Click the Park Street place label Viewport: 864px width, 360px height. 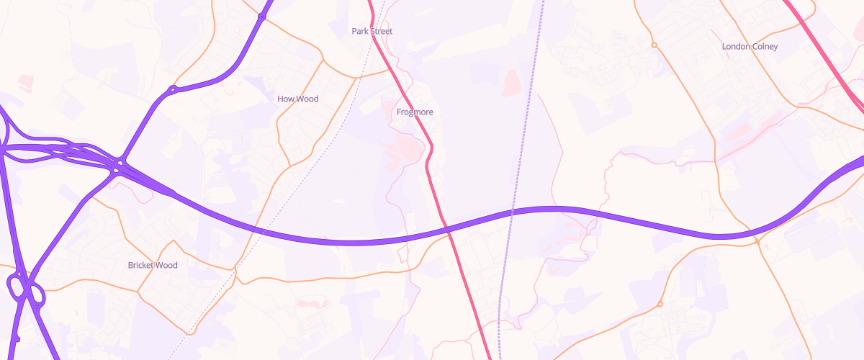tap(372, 32)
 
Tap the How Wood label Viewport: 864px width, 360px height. tap(297, 99)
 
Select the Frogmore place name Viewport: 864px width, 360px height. tap(415, 112)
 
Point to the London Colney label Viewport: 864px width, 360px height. tap(750, 47)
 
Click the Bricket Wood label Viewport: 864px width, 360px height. tap(152, 266)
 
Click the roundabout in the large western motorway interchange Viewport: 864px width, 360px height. tap(117, 167)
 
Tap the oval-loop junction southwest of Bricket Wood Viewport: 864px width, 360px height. tap(26, 290)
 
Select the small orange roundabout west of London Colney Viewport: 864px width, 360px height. tap(654, 45)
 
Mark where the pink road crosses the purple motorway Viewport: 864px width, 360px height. tap(447, 229)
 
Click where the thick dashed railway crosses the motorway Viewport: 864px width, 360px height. tap(511, 213)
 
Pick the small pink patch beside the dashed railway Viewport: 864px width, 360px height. tap(510, 82)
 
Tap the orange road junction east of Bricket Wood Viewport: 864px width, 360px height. tap(235, 270)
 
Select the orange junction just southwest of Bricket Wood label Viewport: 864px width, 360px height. tap(138, 291)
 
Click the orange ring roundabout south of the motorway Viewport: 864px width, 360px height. tap(660, 304)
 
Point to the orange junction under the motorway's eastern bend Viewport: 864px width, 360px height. tap(758, 242)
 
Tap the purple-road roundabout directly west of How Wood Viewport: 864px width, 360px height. tap(173, 91)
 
